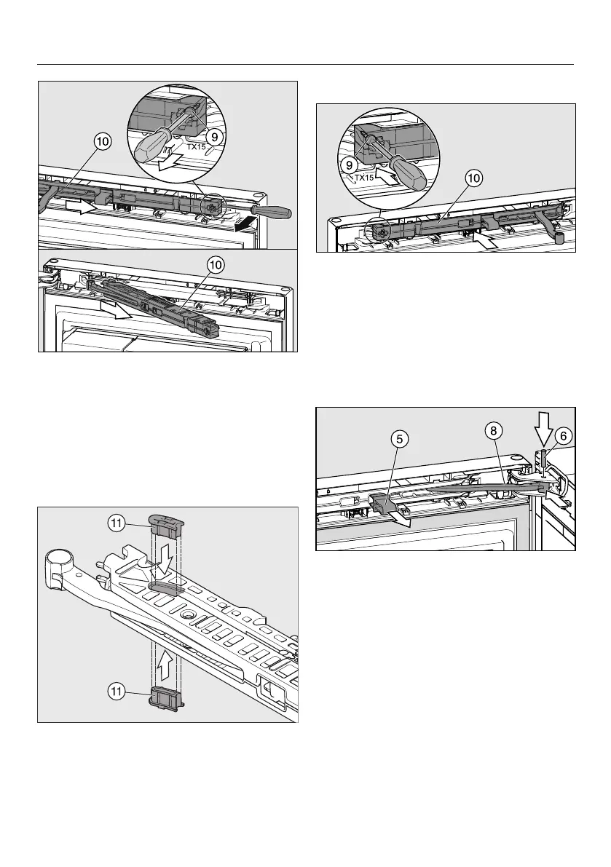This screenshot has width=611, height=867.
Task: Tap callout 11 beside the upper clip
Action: click(x=132, y=521)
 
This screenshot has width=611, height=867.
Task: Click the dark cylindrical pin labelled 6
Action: click(x=544, y=459)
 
